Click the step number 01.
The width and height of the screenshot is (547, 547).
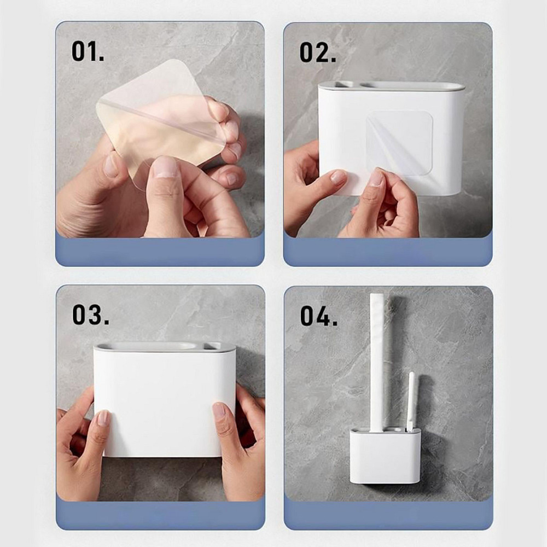(x=88, y=51)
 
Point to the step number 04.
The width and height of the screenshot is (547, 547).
(x=319, y=316)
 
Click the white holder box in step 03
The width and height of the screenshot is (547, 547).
(x=165, y=400)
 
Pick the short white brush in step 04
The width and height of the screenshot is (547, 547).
(x=411, y=401)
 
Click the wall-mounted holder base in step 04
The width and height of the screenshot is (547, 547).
(x=385, y=455)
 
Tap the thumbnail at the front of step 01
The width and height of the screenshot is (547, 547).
(x=166, y=167)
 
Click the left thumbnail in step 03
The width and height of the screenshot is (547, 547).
(x=103, y=417)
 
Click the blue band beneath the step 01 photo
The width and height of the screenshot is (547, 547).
(x=160, y=252)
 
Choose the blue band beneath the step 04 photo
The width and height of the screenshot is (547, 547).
(x=388, y=515)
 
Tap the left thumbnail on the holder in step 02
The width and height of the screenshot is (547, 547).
(x=337, y=177)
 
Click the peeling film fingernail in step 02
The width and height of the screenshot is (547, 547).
(x=376, y=178)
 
